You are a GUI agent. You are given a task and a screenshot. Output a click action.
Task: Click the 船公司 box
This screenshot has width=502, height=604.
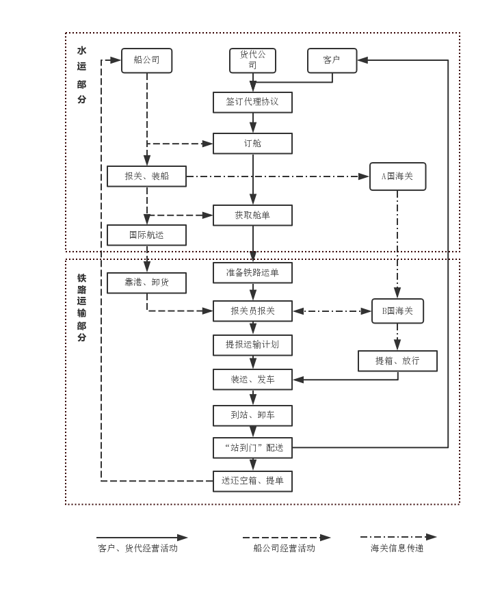tap(146, 60)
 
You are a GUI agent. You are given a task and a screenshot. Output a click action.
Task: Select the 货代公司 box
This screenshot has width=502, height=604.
tap(252, 60)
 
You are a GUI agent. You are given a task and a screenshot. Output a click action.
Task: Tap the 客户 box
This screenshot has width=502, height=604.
tap(332, 60)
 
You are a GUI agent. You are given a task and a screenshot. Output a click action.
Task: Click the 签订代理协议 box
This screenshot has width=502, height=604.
tap(252, 102)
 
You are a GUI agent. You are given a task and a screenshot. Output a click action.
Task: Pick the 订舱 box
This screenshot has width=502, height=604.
tap(252, 144)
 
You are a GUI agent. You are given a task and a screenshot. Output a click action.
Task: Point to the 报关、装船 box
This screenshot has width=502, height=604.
tap(146, 176)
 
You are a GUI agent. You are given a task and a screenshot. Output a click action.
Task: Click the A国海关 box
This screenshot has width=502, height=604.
tap(397, 176)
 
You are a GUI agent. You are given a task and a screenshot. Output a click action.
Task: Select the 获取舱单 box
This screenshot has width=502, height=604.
tap(252, 215)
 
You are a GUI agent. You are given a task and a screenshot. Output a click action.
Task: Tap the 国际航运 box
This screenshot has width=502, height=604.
tap(146, 235)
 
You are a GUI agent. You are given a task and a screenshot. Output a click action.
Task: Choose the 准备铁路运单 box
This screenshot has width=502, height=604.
tap(252, 273)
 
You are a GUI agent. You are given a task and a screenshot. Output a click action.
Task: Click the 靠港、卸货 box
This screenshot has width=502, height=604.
tap(146, 283)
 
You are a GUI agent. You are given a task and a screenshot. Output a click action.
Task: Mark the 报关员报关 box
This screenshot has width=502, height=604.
tap(252, 311)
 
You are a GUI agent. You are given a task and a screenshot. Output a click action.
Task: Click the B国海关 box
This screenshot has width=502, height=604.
tap(397, 311)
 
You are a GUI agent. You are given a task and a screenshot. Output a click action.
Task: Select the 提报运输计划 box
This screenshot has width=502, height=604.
tap(252, 345)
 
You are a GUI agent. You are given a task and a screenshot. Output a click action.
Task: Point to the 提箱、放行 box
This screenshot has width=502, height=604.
tap(397, 361)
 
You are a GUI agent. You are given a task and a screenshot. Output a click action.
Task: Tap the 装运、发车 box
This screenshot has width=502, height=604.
tap(252, 380)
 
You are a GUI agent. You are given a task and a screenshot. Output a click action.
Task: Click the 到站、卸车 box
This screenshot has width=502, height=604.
tap(252, 415)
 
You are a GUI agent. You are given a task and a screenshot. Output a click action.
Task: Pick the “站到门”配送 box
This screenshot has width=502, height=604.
tap(252, 448)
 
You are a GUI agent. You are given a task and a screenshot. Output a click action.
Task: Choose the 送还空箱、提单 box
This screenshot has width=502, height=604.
tap(252, 481)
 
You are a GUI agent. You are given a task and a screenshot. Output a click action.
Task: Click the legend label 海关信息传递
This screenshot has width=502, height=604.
tap(397, 548)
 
